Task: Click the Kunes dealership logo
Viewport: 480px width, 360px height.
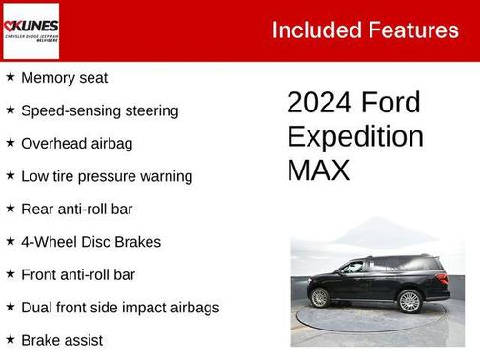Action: tap(30, 30)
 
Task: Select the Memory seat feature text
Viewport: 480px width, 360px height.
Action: tap(65, 78)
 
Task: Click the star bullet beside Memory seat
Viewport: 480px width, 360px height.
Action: tap(10, 77)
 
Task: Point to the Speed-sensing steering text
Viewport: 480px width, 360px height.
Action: tap(100, 110)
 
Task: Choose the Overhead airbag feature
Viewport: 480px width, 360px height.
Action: tap(77, 144)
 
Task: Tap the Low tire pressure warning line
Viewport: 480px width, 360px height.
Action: tap(107, 176)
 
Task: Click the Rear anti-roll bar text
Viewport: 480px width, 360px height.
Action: tap(77, 209)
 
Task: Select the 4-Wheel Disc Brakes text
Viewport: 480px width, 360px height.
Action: tap(91, 242)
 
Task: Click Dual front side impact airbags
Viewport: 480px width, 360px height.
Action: tap(120, 308)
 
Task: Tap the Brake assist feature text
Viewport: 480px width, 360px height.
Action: tap(62, 340)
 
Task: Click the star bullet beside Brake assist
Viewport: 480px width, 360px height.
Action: tap(10, 339)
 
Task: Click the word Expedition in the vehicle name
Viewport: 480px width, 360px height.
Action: tap(355, 136)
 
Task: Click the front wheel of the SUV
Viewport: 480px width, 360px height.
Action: tap(410, 300)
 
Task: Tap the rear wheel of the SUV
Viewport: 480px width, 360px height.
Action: tap(319, 297)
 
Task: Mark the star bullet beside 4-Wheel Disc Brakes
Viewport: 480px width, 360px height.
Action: tap(10, 241)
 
